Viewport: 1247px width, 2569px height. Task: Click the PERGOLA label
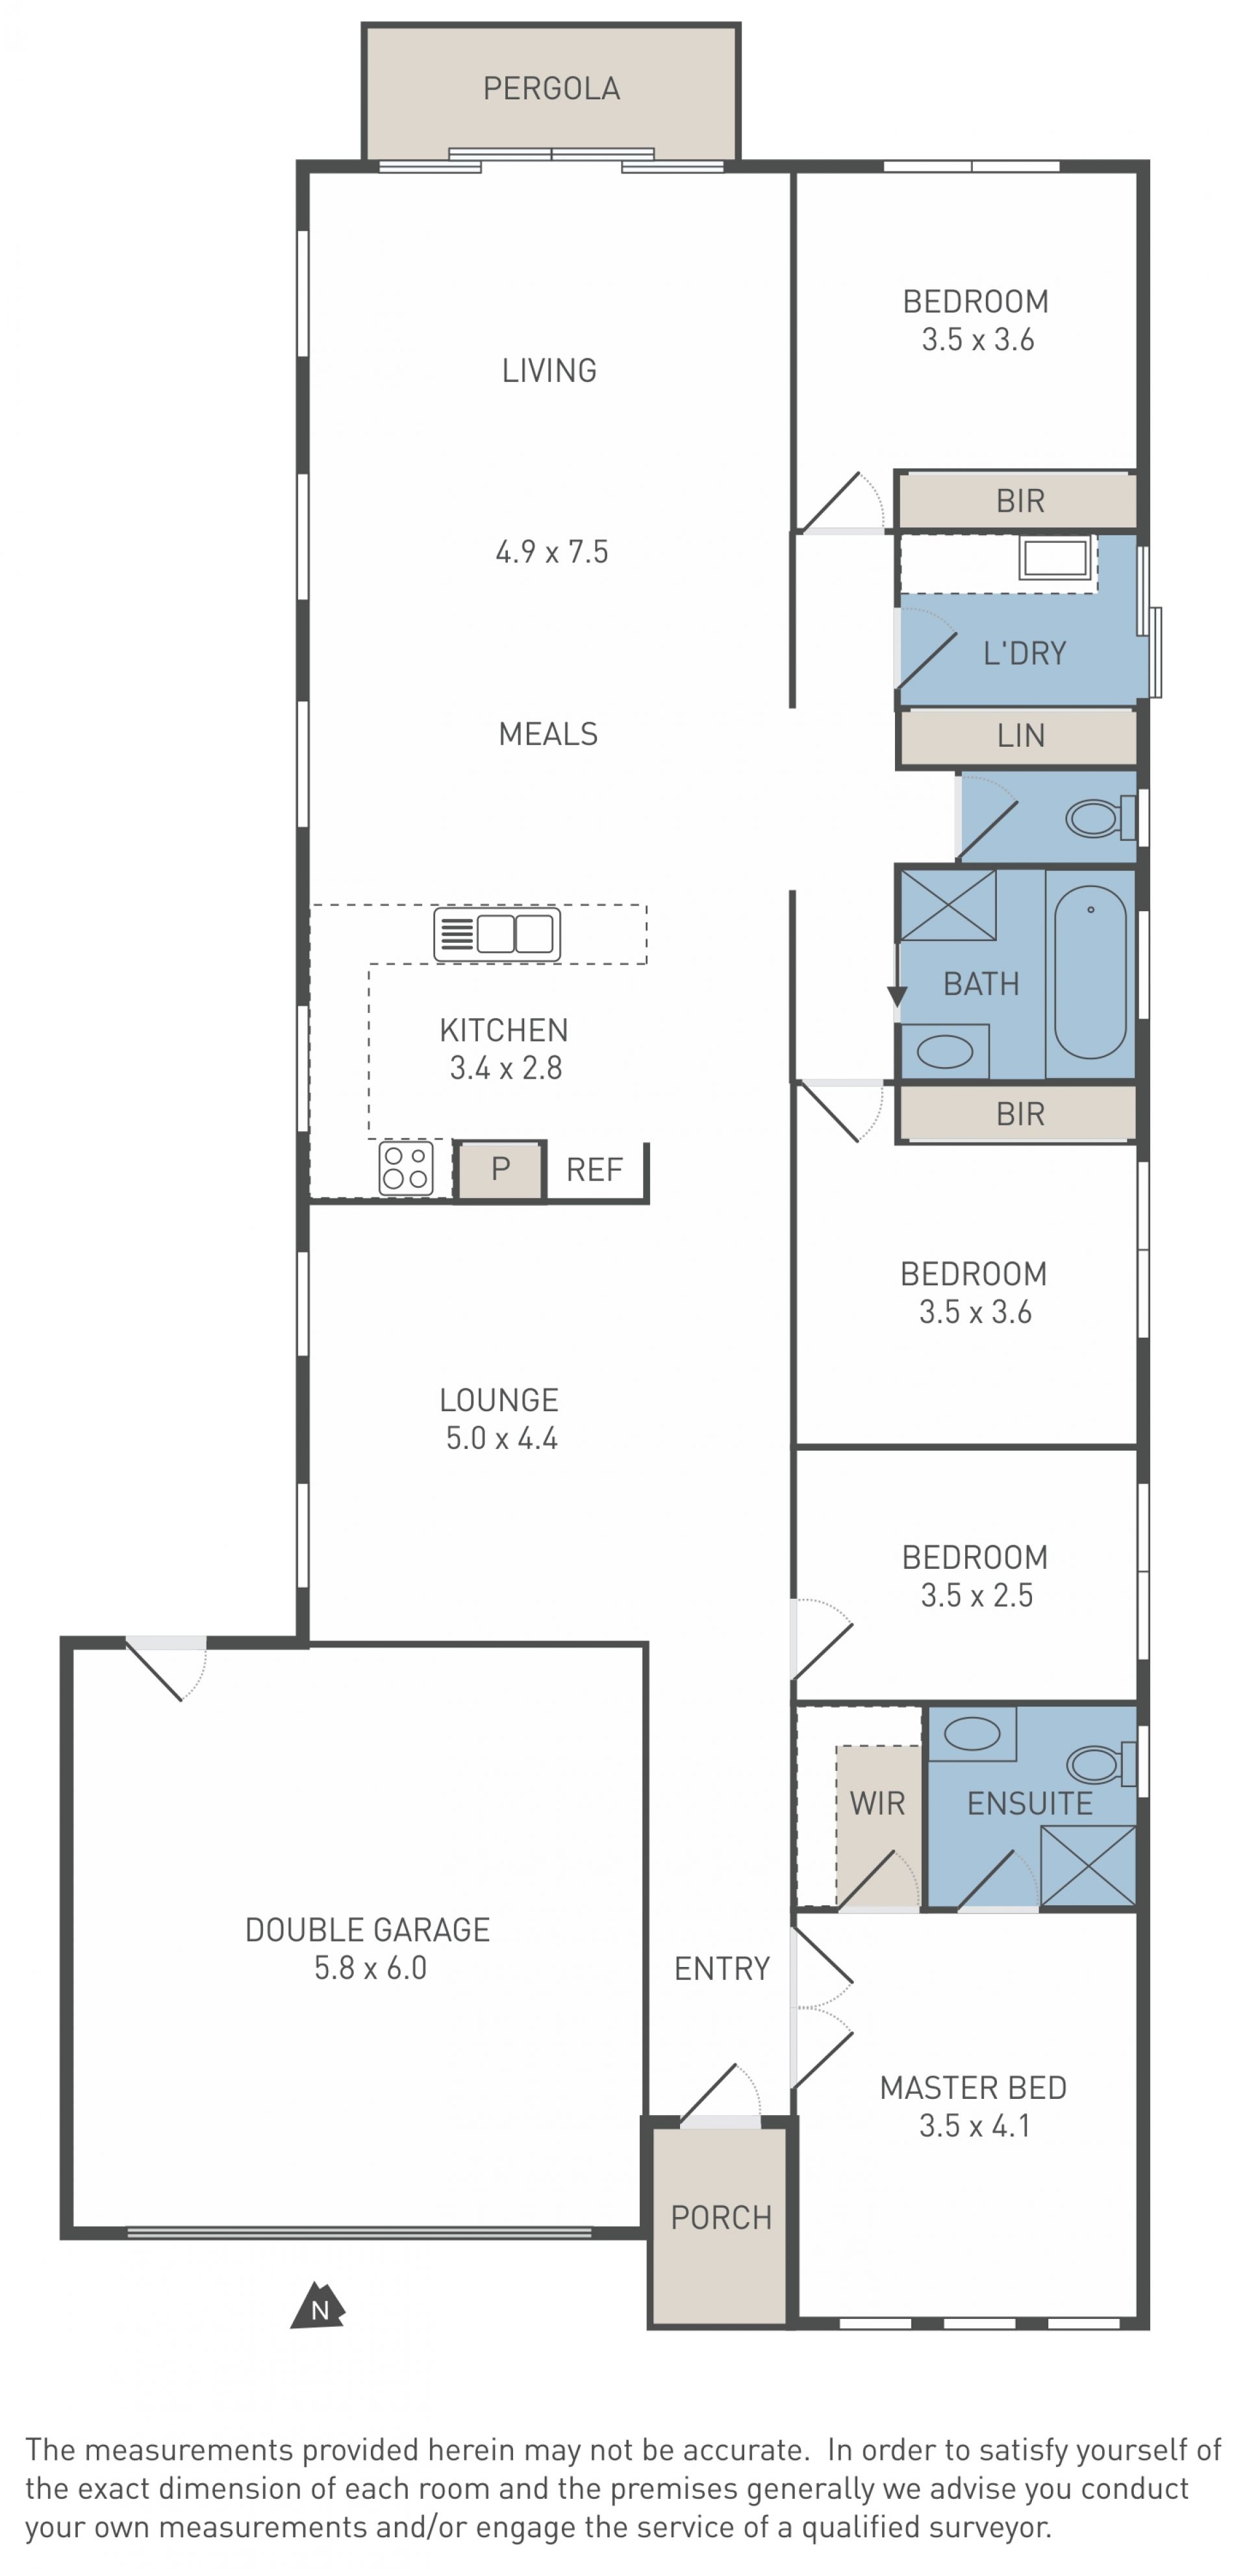click(x=551, y=89)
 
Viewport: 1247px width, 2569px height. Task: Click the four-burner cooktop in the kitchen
click(x=406, y=1168)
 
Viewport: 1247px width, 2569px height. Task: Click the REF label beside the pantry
click(x=594, y=1169)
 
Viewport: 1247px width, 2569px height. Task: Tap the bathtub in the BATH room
click(x=1090, y=971)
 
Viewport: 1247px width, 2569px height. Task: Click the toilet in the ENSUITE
click(x=1102, y=1764)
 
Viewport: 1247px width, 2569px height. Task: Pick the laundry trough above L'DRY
click(x=1055, y=557)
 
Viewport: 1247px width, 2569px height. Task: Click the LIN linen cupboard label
click(x=1020, y=736)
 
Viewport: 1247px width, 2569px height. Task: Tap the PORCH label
click(x=722, y=2217)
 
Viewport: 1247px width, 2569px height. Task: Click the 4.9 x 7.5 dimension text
click(x=551, y=551)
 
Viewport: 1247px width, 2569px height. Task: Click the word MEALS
click(x=548, y=734)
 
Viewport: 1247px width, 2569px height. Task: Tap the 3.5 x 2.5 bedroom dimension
click(x=977, y=1595)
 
